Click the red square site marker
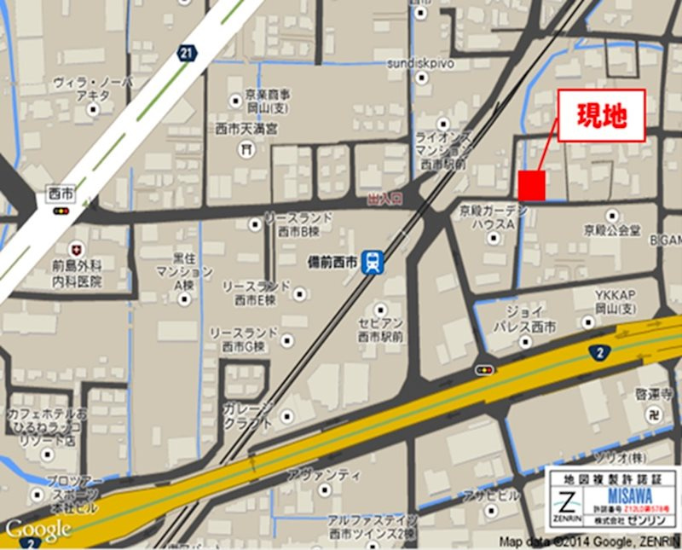tap(532, 185)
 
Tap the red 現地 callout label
tap(601, 115)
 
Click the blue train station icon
tap(373, 263)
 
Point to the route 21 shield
tap(187, 53)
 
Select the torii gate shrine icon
tap(248, 150)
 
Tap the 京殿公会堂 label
tap(612, 230)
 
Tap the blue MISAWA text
tap(631, 495)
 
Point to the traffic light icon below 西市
tap(62, 211)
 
